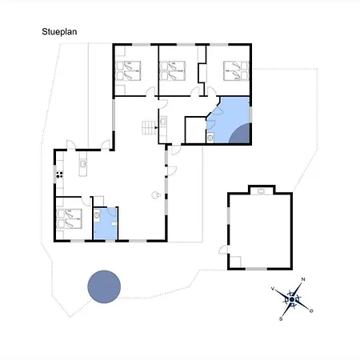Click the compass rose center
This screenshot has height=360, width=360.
pyautogui.click(x=293, y=301)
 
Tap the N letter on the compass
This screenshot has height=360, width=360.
pyautogui.click(x=302, y=280)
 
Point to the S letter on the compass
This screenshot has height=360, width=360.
pyautogui.click(x=282, y=318)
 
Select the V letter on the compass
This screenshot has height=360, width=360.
pyautogui.click(x=274, y=288)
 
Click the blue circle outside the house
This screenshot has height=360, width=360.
pyautogui.click(x=103, y=285)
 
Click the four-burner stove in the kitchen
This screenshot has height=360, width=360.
pyautogui.click(x=59, y=174)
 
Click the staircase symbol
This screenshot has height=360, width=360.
pyautogui.click(x=149, y=126)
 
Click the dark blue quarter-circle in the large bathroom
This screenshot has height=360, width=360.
pyautogui.click(x=241, y=134)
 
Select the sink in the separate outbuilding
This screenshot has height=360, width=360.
pyautogui.click(x=262, y=190)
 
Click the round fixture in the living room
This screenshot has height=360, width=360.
pyautogui.click(x=157, y=194)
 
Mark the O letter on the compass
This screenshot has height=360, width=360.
pyautogui.click(x=310, y=310)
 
